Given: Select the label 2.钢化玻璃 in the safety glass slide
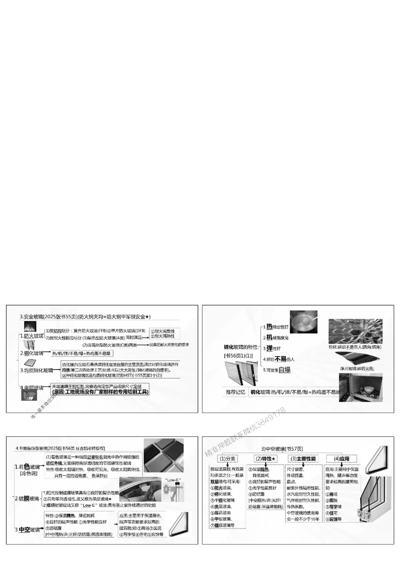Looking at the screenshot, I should [32, 353].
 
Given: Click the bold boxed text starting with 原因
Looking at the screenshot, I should [100, 392].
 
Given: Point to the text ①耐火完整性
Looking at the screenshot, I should [162, 331].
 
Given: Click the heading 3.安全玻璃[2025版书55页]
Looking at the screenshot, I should [48, 317].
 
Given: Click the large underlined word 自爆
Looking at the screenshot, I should [284, 370].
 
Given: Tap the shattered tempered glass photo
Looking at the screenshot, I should [354, 331].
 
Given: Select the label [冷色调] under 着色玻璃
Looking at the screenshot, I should [28, 474].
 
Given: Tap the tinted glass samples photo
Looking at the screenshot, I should [164, 456].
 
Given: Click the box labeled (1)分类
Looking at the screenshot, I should [228, 459].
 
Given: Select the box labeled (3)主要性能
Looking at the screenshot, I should [303, 459].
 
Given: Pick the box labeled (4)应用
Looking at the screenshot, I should [341, 459].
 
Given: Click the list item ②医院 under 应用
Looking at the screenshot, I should [331, 500].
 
